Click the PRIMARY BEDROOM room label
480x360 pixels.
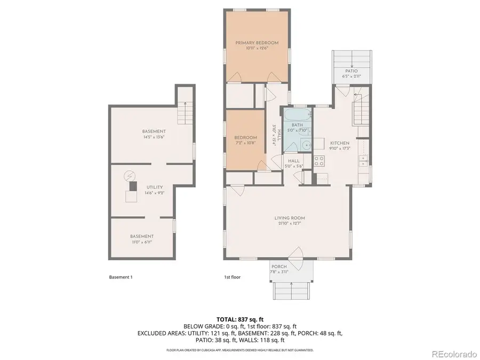[x=257, y=43]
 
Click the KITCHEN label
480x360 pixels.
[x=340, y=143]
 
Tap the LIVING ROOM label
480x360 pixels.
[x=290, y=218]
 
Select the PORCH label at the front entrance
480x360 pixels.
[x=279, y=266]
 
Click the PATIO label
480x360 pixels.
[x=351, y=71]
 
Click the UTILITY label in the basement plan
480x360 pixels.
[x=154, y=187]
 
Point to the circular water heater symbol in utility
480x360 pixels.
[x=130, y=176]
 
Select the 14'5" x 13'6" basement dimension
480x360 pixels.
[x=154, y=137]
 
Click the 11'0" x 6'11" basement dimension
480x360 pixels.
[x=142, y=242]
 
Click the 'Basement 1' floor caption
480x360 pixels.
[x=120, y=277]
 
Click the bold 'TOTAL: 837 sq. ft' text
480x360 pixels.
[x=239, y=319]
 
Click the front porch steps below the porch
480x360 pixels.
[x=292, y=291]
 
